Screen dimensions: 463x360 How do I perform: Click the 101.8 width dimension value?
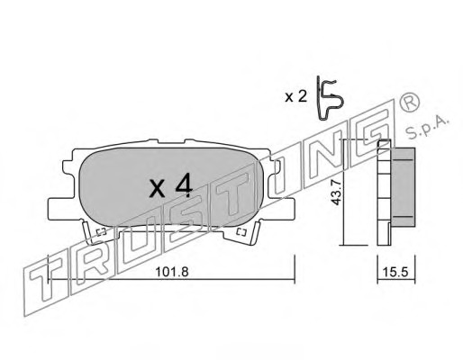pyautogui.click(x=171, y=272)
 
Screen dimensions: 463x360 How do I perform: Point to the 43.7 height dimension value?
pyautogui.click(x=335, y=192)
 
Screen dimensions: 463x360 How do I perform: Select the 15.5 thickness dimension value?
pyautogui.click(x=395, y=272)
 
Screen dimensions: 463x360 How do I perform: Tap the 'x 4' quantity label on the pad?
pyautogui.click(x=170, y=186)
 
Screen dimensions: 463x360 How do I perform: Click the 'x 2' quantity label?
pyautogui.click(x=295, y=96)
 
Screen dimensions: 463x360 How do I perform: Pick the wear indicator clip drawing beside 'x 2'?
pyautogui.click(x=330, y=99)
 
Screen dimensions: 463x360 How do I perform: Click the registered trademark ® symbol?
pyautogui.click(x=410, y=103)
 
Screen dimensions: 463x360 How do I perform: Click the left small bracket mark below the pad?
pyautogui.click(x=101, y=232)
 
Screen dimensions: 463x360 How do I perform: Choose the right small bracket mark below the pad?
pyautogui.click(x=241, y=232)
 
